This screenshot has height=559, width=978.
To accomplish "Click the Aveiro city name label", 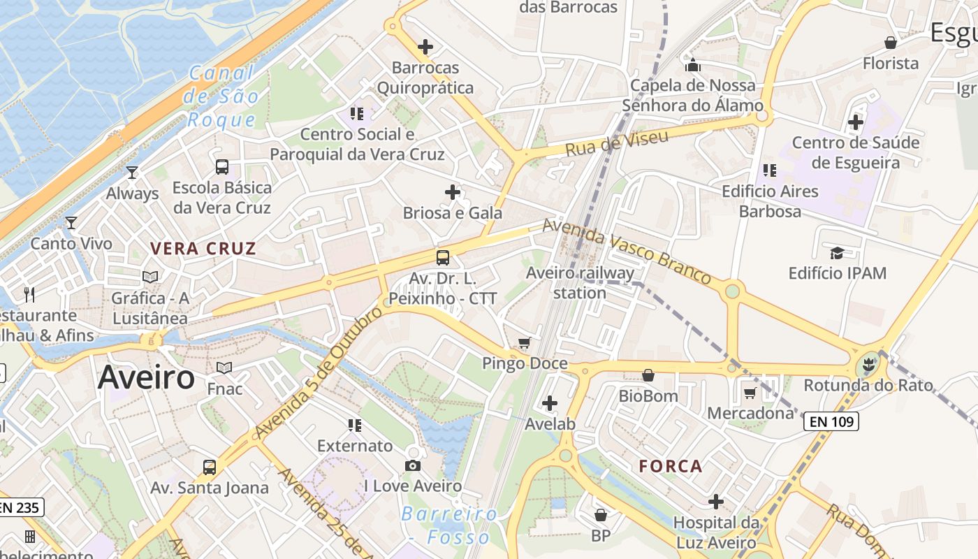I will (x=147, y=378).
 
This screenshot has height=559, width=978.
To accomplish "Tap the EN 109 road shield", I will (x=831, y=421).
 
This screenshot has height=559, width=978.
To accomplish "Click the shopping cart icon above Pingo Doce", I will (x=525, y=342).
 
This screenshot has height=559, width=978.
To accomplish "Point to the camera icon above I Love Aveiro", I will (x=413, y=465).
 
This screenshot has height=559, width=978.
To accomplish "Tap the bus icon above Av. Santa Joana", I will (x=209, y=467).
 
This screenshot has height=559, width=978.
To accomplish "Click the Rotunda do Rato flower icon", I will (x=868, y=364).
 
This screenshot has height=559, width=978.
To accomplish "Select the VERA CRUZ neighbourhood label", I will (x=203, y=248).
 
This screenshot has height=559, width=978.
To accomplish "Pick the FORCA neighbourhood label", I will (x=671, y=466).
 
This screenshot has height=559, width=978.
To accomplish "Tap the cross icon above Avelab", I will (x=550, y=403).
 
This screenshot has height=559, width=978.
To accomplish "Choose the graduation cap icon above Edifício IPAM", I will (x=837, y=252).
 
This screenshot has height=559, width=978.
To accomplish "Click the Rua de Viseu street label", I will (x=617, y=143).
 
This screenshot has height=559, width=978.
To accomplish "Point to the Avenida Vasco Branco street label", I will (x=627, y=252).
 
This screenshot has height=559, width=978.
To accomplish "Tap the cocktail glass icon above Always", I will (x=132, y=172).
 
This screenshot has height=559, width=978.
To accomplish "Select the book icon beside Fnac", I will (x=224, y=368).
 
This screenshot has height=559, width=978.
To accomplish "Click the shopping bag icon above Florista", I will (x=891, y=43).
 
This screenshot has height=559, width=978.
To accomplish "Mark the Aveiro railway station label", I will (x=581, y=282).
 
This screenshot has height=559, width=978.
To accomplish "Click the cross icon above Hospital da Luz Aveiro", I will (x=716, y=501).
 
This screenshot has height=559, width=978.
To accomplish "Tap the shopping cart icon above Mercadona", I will (x=750, y=393).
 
